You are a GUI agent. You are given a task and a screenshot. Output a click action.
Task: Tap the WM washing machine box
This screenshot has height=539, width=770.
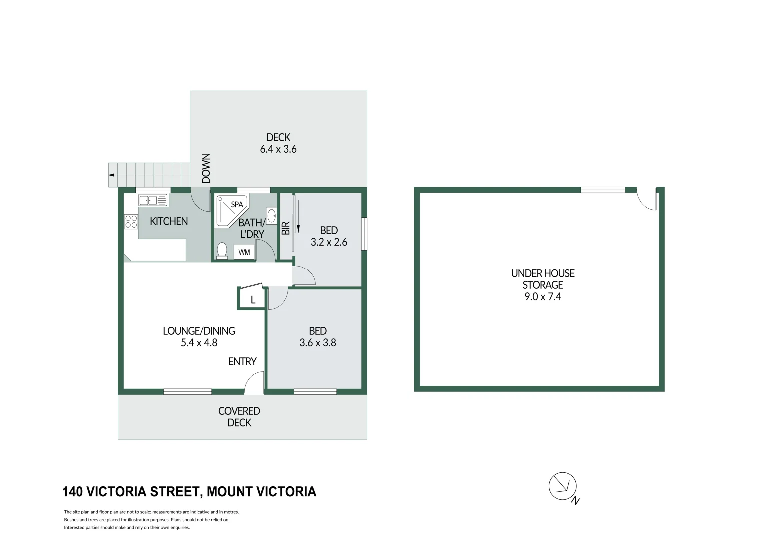[244, 252]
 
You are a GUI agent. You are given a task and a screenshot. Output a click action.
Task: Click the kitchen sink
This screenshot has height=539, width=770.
[153, 201]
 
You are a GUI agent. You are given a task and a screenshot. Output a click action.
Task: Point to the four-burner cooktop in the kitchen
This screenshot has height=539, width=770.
[131, 221]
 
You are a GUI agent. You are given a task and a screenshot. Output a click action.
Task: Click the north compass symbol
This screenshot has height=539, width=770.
[563, 486]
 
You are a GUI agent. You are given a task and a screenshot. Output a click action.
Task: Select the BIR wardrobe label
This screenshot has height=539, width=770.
[286, 228]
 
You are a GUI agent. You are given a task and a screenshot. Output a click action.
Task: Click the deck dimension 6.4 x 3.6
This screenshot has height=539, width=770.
[278, 149]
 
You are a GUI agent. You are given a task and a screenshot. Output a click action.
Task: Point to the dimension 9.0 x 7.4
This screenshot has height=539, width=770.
[543, 297]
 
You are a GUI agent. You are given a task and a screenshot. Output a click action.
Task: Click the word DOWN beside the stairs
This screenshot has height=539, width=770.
[206, 168]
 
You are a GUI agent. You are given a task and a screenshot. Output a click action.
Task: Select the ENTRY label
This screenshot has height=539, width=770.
[242, 361]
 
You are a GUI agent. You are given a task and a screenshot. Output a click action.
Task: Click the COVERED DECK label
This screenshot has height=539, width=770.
[239, 417]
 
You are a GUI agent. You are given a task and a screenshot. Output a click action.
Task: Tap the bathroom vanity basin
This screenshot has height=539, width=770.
[271, 216]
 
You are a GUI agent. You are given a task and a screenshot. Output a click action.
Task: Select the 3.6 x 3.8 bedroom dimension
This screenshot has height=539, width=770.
[318, 343]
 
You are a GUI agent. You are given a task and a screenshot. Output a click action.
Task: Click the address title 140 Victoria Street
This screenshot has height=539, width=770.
[189, 492]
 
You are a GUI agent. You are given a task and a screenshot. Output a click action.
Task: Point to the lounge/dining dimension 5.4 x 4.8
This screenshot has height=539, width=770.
[199, 343]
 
